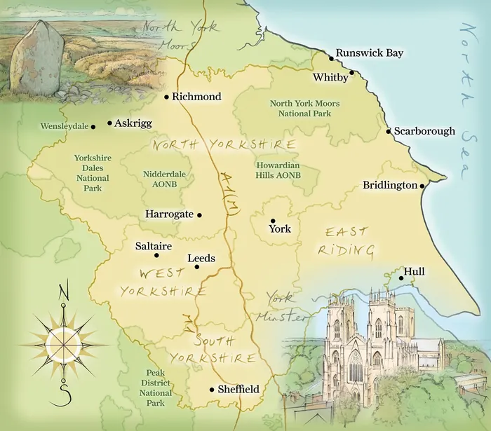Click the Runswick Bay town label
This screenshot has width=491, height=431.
tap(370, 53)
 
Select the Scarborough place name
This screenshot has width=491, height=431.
tap(424, 131)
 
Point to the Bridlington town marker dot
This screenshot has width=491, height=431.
tap(422, 186)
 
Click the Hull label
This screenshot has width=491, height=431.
tap(414, 271)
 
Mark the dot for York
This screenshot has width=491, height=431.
tap(273, 220)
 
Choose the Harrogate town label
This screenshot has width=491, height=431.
tap(169, 214)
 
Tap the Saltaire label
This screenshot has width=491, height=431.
tap(153, 246)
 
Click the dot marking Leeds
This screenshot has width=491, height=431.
tap(197, 266)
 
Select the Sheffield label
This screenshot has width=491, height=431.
tap(238, 389)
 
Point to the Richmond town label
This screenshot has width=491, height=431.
tap(196, 97)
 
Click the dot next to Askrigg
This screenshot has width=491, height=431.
tap(109, 123)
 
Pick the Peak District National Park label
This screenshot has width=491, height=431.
tap(155, 388)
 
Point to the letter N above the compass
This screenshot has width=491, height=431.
tap(64, 289)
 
